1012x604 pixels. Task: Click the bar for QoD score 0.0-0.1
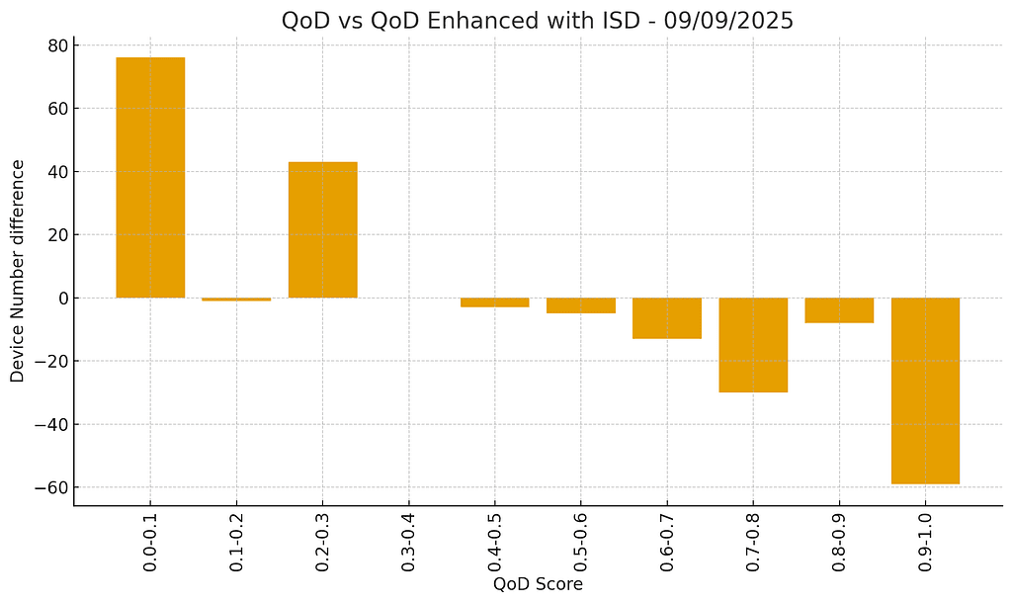(150, 178)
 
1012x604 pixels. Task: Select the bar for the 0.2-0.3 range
(322, 229)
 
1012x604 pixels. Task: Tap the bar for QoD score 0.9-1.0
(925, 390)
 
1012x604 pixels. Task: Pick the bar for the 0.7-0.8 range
(753, 345)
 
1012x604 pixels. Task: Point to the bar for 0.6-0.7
(667, 318)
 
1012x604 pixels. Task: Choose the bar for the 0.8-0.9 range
(839, 310)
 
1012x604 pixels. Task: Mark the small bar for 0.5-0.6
(581, 305)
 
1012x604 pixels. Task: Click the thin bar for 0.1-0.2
(236, 299)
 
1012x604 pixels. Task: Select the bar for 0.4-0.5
(495, 302)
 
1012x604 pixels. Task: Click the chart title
(537, 21)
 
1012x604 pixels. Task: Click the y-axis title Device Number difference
(18, 270)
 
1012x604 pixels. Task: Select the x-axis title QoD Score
(538, 584)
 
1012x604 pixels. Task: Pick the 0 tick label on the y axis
(61, 299)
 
